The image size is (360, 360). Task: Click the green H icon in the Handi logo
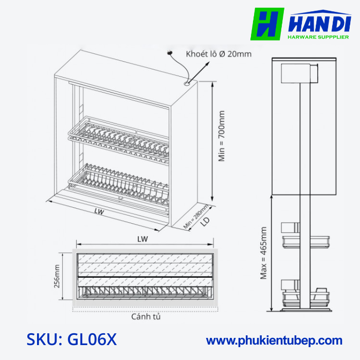pyautogui.click(x=267, y=24)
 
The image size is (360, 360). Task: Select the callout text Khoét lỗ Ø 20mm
pyautogui.click(x=219, y=54)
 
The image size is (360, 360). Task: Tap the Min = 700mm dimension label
pyautogui.click(x=222, y=136)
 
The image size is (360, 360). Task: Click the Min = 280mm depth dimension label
pyautogui.click(x=196, y=217)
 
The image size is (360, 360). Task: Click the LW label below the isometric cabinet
pyautogui.click(x=100, y=211)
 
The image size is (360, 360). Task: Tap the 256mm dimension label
pyautogui.click(x=57, y=276)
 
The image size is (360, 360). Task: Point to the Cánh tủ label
pyautogui.click(x=146, y=317)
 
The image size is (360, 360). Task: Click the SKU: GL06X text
pyautogui.click(x=72, y=340)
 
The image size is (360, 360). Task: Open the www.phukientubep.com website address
pyautogui.click(x=274, y=340)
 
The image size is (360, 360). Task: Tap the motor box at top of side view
pyautogui.click(x=300, y=73)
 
